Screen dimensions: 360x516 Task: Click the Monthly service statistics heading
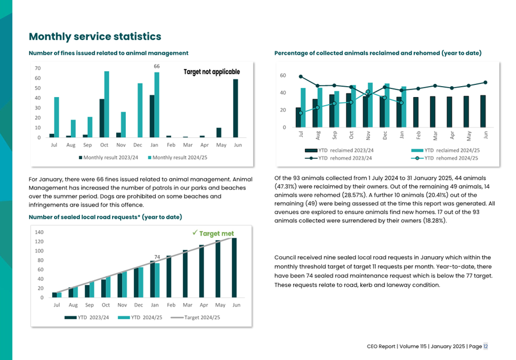(95, 37)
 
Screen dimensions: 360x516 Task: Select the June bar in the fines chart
(235, 109)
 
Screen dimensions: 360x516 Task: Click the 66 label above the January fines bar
(156, 67)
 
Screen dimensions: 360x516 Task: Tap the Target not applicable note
(211, 72)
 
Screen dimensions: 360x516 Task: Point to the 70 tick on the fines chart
(38, 68)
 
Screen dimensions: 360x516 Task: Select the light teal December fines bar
(140, 110)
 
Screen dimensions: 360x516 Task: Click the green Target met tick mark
(195, 233)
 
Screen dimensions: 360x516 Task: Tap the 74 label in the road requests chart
(156, 257)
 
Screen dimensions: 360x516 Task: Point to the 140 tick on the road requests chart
(40, 233)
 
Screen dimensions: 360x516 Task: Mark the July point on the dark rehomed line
(301, 76)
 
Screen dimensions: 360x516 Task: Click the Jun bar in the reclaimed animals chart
(483, 111)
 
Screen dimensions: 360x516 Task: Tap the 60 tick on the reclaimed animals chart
(283, 76)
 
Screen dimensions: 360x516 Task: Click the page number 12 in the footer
(486, 346)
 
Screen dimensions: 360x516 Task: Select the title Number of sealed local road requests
(105, 217)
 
